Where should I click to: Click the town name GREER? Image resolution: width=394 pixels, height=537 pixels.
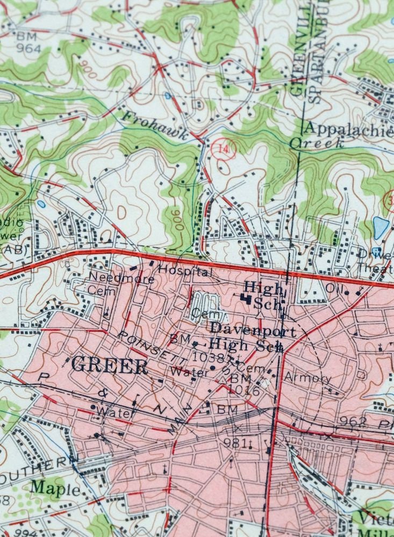pos(109,366)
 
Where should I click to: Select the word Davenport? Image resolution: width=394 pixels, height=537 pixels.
pos(253,330)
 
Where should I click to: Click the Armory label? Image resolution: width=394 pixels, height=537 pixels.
pos(307,378)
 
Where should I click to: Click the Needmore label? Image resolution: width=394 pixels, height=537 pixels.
pos(110,278)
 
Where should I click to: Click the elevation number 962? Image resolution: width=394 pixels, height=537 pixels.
pos(350,420)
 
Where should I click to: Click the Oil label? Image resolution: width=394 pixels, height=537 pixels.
pos(333,288)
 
